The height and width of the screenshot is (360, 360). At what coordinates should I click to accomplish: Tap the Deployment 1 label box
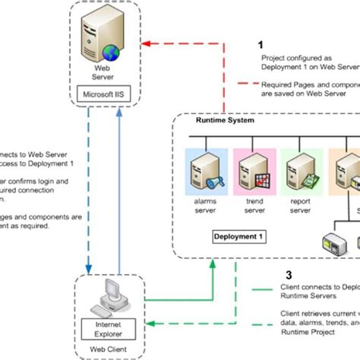click(239, 236)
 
